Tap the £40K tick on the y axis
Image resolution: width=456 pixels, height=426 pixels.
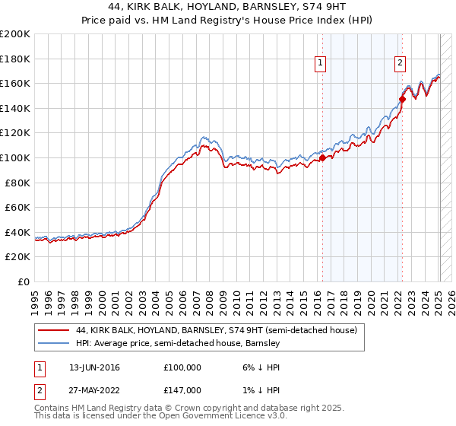17,232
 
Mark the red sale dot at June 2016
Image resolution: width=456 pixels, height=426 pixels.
322,158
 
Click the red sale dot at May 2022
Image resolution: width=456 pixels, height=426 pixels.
402,99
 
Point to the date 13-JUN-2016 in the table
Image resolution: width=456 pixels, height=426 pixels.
94,367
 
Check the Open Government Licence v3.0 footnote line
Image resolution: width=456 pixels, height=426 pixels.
160,418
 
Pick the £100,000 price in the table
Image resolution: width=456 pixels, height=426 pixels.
182,367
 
